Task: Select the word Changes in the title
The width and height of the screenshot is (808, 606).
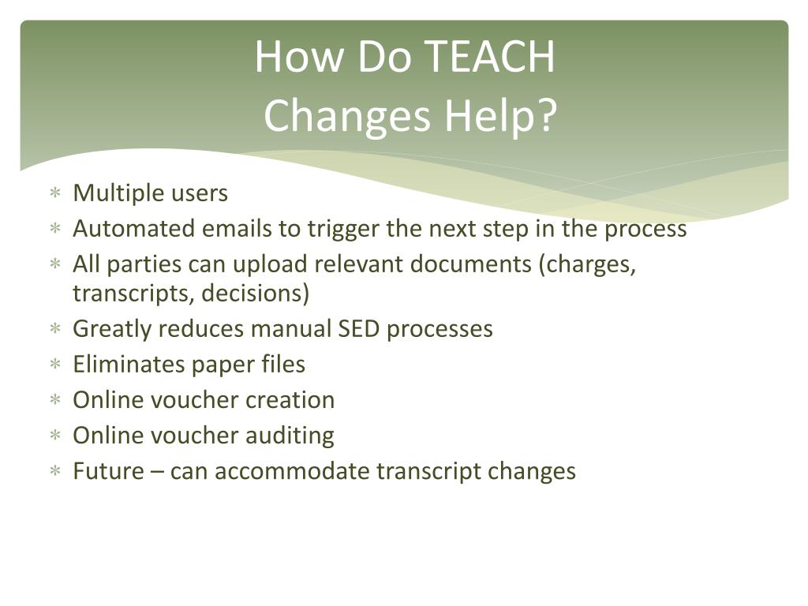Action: (x=347, y=116)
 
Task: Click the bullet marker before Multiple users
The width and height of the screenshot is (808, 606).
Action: (x=55, y=193)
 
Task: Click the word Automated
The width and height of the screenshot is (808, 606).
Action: (x=134, y=229)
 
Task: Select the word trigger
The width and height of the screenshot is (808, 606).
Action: (x=344, y=229)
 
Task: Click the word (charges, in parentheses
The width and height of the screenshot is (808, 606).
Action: (x=588, y=264)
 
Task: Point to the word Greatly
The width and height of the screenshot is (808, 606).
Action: (x=113, y=329)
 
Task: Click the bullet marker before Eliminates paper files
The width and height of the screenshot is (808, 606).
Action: (x=55, y=365)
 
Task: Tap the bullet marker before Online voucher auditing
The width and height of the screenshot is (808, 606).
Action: (x=55, y=436)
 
